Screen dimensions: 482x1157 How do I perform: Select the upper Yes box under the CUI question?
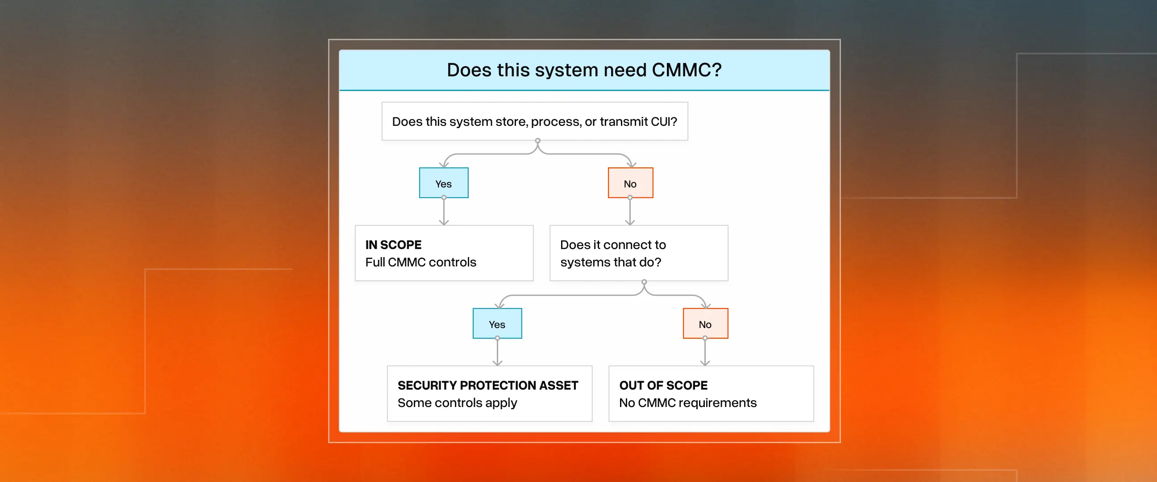[443, 183]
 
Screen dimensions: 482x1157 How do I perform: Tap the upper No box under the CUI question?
[630, 183]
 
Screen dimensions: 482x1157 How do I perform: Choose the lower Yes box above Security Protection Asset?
[497, 324]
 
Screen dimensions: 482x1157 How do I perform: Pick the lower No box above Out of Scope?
[705, 324]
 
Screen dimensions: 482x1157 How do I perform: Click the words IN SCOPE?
[393, 245]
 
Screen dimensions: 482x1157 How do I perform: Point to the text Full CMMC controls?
[421, 262]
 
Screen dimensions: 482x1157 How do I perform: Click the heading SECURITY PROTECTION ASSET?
[488, 386]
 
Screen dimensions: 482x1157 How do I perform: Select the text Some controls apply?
[457, 403]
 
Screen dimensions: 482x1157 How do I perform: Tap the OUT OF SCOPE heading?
[663, 386]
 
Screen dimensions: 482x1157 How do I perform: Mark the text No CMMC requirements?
[688, 403]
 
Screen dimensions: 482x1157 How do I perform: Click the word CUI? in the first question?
[664, 122]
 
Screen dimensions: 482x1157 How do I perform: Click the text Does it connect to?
[613, 245]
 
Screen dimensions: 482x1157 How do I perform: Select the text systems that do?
[611, 262]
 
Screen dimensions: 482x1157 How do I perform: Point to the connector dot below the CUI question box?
[537, 141]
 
